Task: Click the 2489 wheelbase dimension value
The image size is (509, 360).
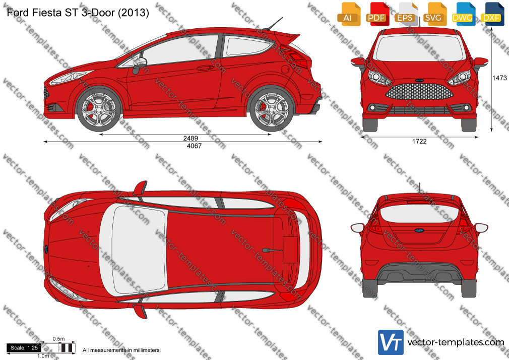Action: coord(190,138)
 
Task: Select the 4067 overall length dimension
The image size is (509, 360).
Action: coord(194,146)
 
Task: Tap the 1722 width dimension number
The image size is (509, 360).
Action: coord(419,141)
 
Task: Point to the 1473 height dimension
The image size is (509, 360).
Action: coord(499,78)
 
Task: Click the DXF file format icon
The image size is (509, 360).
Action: coord(492,14)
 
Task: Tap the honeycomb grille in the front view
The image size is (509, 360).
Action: coord(419,91)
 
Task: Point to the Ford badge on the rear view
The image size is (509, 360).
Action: coord(419,230)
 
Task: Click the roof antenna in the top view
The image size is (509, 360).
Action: coord(272,250)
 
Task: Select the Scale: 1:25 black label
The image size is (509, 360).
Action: coord(24,348)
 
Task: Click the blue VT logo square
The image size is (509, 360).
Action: coord(391,342)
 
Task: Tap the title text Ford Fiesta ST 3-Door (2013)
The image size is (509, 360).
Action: coord(78,13)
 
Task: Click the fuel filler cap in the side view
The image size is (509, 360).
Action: coord(286,69)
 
